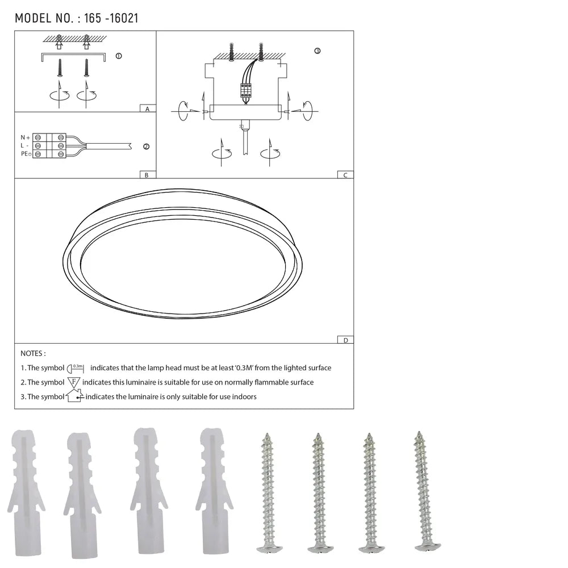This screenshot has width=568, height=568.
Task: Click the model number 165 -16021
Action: tap(111, 18)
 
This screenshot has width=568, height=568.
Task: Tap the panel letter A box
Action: tap(147, 108)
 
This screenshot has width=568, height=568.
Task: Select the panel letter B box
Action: tap(147, 175)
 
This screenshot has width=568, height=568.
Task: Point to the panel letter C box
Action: tap(345, 175)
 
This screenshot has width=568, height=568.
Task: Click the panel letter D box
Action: tap(345, 340)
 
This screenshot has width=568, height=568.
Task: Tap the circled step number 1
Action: tap(118, 56)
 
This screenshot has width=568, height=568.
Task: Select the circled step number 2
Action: tap(146, 147)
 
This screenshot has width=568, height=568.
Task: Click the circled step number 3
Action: tap(317, 51)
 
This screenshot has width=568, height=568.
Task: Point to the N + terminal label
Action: tap(25, 137)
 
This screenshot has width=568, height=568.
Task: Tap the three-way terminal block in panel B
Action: tap(49, 146)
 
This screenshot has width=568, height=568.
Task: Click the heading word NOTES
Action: tap(33, 353)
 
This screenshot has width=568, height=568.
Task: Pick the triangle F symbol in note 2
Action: tap(74, 382)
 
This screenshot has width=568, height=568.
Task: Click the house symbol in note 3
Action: tap(74, 396)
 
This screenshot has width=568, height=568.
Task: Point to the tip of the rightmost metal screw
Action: tap(419, 433)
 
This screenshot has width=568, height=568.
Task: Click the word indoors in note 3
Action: tap(244, 396)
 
